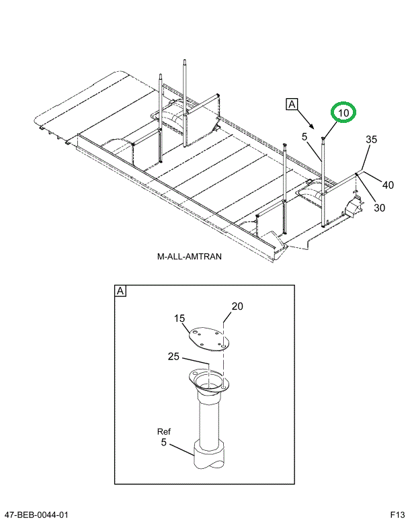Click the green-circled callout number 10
343,114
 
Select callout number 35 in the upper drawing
371,140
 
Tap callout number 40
388,185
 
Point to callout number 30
379,208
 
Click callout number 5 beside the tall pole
304,137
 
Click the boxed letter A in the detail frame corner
120,291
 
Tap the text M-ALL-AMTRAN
189,257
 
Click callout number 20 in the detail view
237,306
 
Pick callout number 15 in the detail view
179,318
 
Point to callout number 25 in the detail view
173,356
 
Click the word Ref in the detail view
165,431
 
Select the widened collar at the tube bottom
210,454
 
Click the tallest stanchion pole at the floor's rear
184,101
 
